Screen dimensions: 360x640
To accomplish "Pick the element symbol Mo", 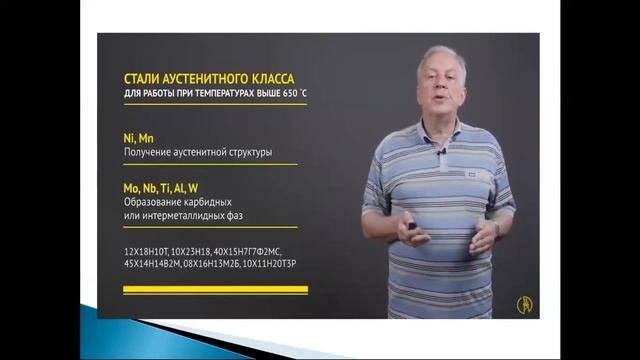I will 132,187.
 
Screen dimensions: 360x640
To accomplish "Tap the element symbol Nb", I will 155,187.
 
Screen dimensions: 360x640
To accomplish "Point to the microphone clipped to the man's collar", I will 440,152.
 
